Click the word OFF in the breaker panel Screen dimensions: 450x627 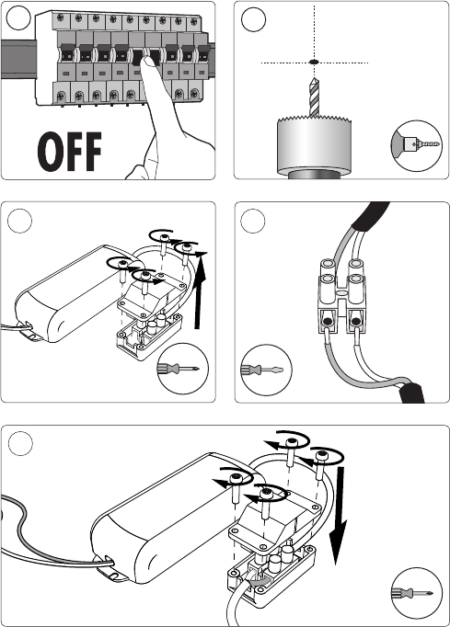[70, 152]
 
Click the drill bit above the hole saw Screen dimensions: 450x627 [315, 97]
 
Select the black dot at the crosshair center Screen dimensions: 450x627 [314, 63]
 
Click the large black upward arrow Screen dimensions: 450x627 [199, 291]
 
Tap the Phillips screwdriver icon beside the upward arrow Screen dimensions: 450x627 [183, 368]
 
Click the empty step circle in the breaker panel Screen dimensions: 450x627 [18, 18]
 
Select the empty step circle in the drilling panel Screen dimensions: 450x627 [253, 19]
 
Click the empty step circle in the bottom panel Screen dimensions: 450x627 [20, 443]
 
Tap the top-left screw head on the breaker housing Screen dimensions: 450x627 [61, 17]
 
